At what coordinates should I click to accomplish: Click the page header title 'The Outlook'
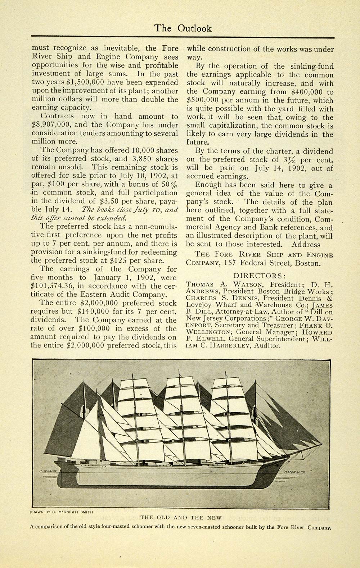[183, 28]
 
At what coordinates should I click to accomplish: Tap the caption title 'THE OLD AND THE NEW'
[181, 518]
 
